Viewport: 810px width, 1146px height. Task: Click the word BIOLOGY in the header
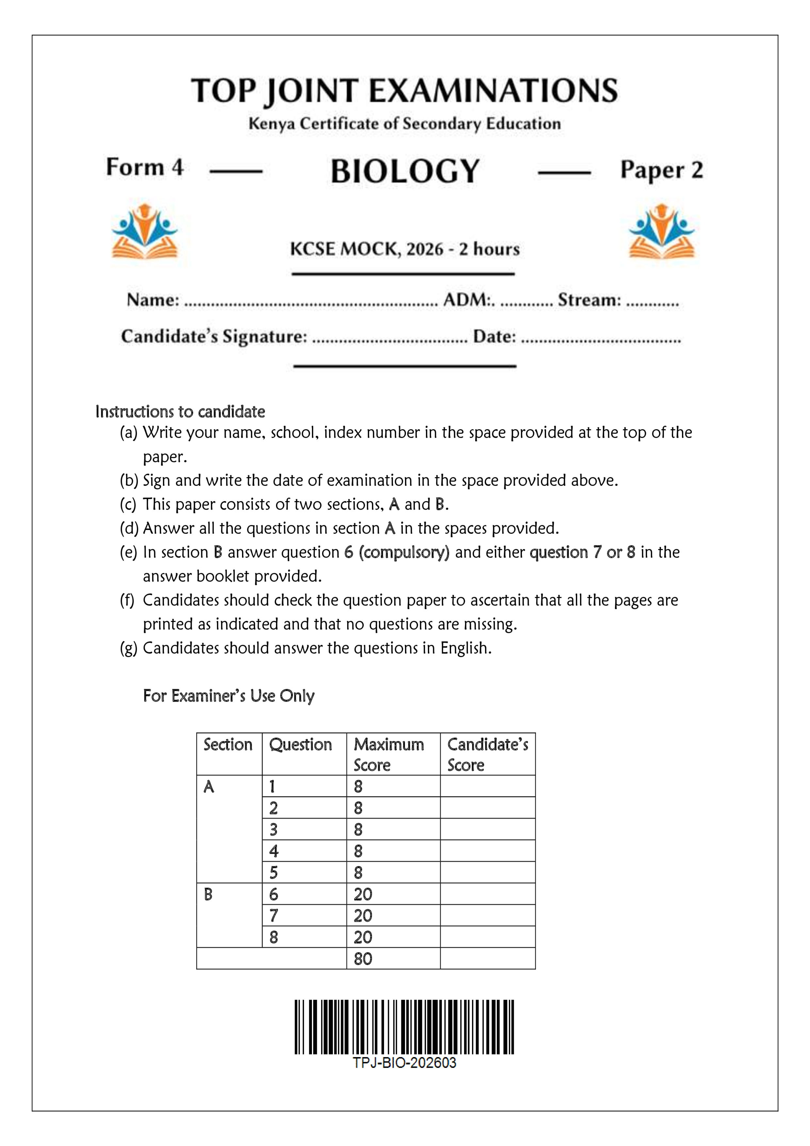pos(405,171)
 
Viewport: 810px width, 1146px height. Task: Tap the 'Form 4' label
pos(145,167)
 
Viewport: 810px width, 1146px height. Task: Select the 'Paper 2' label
pos(661,170)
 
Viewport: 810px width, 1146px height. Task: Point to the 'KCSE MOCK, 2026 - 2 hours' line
pos(405,249)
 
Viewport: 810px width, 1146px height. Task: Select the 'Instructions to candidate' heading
pos(180,412)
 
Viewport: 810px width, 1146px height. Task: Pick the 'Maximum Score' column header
pos(389,754)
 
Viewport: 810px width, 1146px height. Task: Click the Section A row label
pos(209,787)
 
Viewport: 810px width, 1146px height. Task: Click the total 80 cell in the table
pos(363,959)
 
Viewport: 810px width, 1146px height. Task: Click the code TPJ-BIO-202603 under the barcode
pos(404,1063)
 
